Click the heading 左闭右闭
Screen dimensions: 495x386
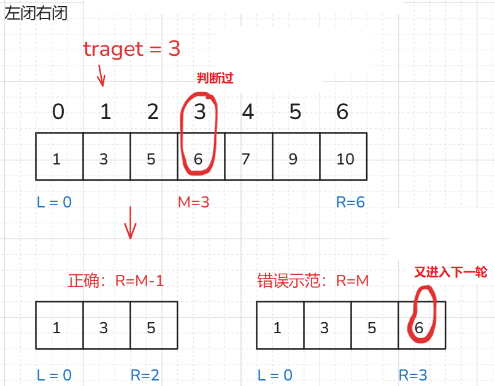[36, 14]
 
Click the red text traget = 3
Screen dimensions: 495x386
[132, 49]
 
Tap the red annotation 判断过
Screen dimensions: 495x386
[215, 78]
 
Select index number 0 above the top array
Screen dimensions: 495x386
[58, 112]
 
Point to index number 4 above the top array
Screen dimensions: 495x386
[248, 112]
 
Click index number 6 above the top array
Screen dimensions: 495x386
[343, 112]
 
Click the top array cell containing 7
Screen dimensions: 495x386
[246, 159]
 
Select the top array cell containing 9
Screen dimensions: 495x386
[293, 159]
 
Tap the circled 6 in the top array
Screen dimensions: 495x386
[198, 159]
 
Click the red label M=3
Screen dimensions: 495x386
[193, 202]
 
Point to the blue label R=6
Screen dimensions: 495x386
[350, 202]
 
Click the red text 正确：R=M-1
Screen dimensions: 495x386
[116, 281]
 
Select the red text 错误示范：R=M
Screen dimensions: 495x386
[313, 281]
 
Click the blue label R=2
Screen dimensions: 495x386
[145, 375]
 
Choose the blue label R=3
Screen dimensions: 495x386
[413, 375]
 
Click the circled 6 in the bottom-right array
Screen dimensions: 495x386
[419, 328]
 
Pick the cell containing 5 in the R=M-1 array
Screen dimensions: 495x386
[152, 328]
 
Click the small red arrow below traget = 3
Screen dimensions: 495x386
[101, 77]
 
